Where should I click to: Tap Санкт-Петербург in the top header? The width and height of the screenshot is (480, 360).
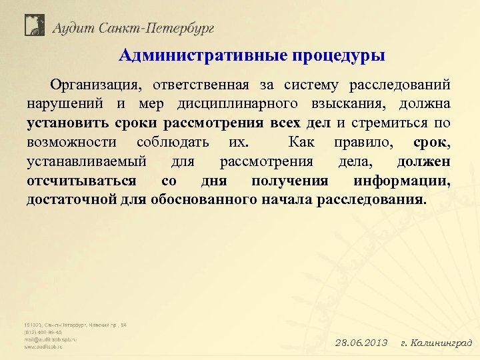[x=156, y=28]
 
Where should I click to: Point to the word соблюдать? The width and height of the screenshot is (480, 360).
[x=173, y=143]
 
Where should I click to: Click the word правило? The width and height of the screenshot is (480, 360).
[x=363, y=143]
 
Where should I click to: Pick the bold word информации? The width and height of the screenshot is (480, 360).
[x=401, y=181]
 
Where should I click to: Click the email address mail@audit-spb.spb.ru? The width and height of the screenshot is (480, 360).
[x=51, y=339]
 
